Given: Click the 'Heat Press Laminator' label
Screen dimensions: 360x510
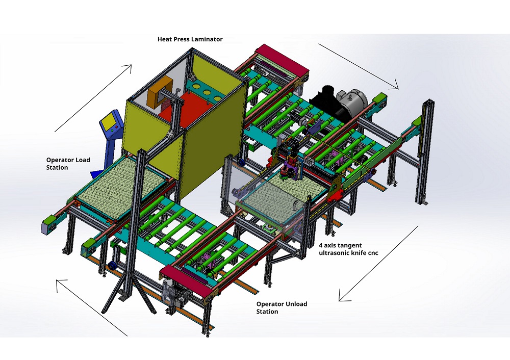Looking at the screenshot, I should click(x=189, y=39).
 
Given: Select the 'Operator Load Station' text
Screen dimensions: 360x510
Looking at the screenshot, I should click(x=68, y=164).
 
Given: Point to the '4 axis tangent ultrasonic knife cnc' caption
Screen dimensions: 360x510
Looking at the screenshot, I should click(x=348, y=249).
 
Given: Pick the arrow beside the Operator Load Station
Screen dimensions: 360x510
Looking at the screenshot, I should click(x=93, y=97).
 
